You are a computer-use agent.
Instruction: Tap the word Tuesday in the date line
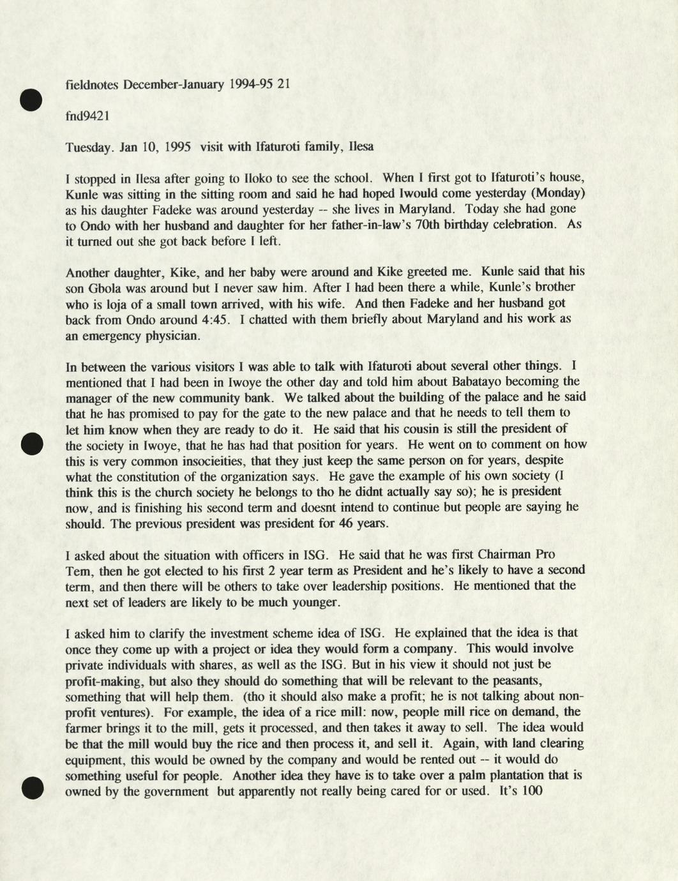[89, 147]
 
